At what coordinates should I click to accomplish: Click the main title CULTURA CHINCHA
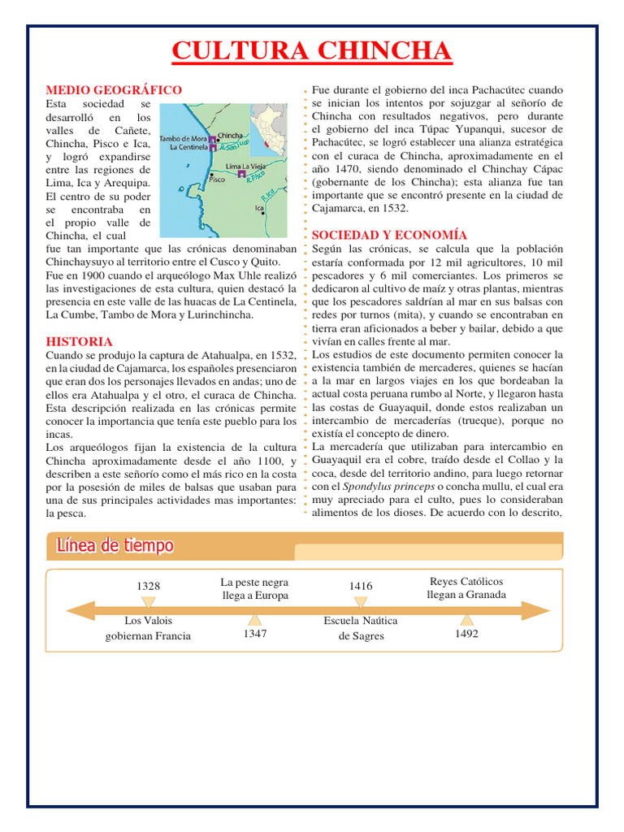point(312,51)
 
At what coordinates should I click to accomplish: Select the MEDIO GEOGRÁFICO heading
point(114,89)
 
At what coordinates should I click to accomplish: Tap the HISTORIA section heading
point(79,341)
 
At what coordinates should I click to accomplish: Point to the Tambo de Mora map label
point(182,138)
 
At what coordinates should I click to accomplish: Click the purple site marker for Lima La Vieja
point(241,175)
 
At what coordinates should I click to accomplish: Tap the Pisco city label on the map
point(217,180)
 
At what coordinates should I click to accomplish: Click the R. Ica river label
point(267,195)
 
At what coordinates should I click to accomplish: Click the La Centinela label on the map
point(187,148)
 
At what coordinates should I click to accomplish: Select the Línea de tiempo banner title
point(115,545)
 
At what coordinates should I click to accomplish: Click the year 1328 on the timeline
point(149,586)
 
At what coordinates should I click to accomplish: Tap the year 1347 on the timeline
point(254,633)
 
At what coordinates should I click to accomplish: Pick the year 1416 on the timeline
point(361,586)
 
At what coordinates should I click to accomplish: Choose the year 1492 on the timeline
point(466,633)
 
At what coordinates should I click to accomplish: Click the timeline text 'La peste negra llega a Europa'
point(254,589)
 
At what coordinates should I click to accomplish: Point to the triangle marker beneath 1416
point(361,602)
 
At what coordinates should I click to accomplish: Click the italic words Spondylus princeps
point(377,486)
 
